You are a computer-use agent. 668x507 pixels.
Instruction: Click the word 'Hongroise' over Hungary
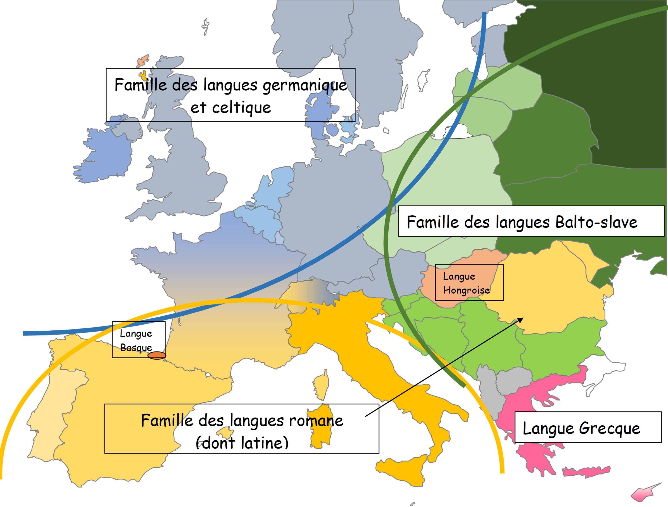click(466, 290)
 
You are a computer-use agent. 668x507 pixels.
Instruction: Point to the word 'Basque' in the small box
click(136, 348)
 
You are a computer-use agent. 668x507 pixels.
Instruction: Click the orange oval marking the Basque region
click(156, 355)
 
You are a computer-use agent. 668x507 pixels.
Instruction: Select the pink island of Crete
click(586, 471)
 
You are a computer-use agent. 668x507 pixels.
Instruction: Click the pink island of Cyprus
click(643, 493)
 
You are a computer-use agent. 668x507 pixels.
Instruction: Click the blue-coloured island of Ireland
click(106, 154)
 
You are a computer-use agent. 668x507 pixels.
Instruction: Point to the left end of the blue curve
click(24, 333)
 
